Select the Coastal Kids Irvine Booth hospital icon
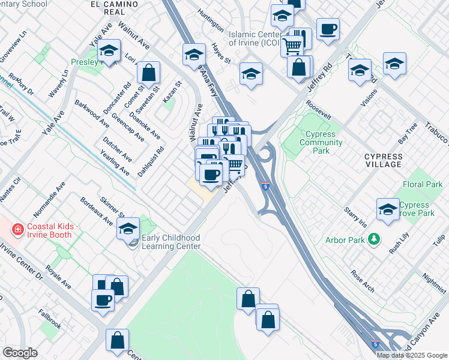(18, 229)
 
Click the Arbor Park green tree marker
(375, 239)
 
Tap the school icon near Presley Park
(109, 51)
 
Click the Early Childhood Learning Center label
(171, 242)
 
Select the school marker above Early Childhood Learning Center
(128, 229)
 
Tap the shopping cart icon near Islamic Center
(292, 45)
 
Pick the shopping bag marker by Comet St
(148, 73)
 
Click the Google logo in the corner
(20, 353)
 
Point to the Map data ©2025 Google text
(412, 355)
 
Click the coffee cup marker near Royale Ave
(102, 299)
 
